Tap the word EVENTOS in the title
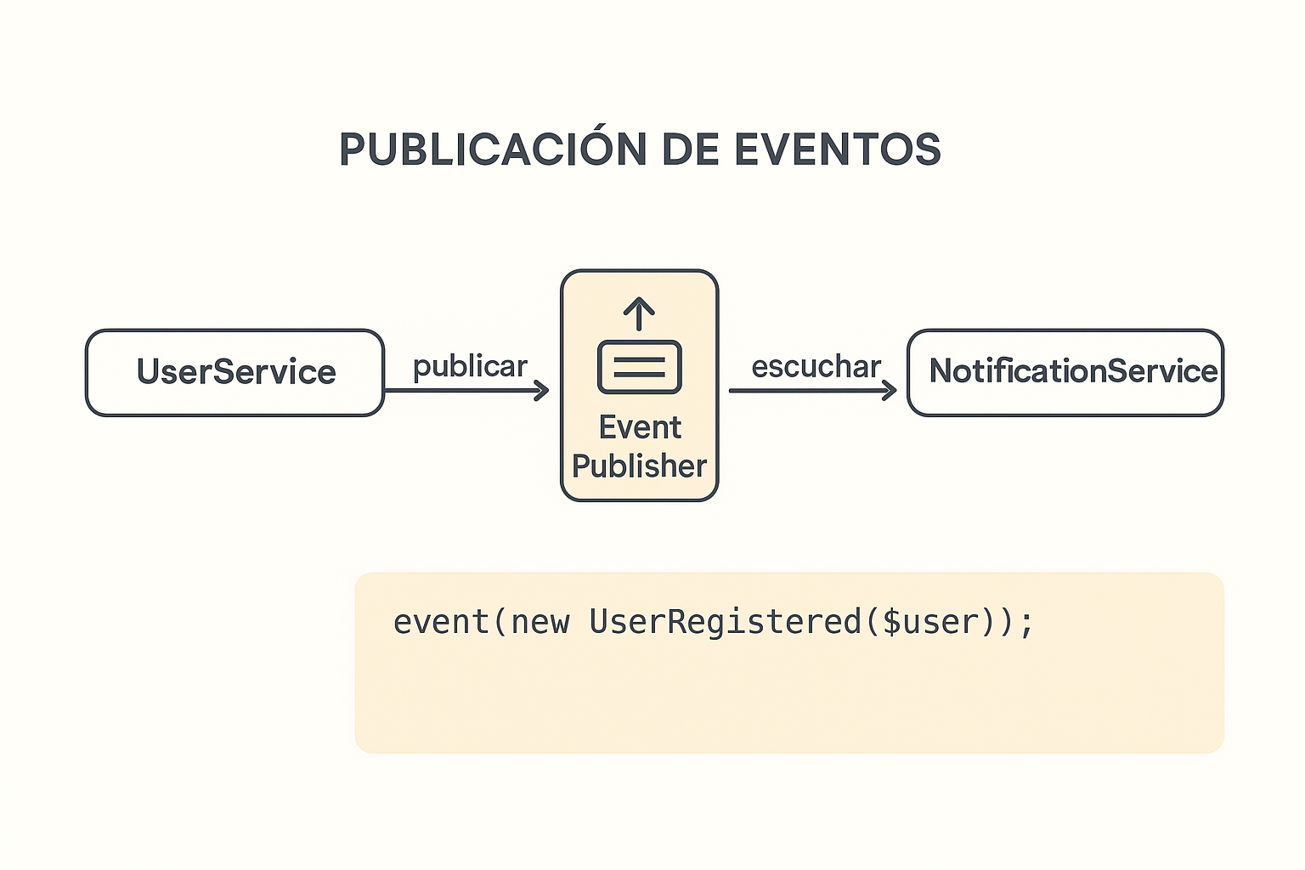point(838,150)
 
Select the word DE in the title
point(691,150)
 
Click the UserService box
point(234,373)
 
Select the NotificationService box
point(1065,373)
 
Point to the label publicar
point(470,367)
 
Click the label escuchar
point(816,367)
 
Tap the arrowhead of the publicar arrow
point(542,391)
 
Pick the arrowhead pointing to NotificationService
point(889,391)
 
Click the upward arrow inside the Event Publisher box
point(639,314)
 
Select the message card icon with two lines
point(640,367)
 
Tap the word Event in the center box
point(640,427)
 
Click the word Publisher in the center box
point(639,466)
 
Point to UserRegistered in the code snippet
point(726,622)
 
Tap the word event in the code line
point(441,622)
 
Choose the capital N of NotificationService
point(941,370)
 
